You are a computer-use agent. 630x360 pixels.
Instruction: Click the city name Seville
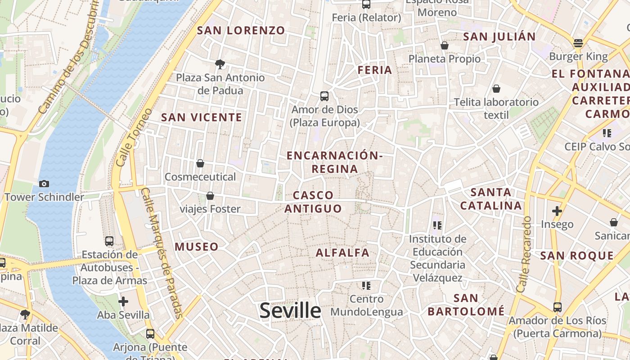290,310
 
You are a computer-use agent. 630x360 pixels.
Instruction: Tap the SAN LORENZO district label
241,31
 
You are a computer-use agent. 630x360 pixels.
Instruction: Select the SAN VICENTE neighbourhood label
202,117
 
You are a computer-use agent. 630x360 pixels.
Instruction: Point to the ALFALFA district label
342,252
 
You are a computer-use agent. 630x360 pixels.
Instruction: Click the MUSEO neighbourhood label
197,247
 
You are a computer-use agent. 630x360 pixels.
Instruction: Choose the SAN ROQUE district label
577,256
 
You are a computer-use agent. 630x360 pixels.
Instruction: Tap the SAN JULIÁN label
499,36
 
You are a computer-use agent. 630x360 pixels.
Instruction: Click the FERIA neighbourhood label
375,70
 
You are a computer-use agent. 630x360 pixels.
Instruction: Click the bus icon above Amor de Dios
324,96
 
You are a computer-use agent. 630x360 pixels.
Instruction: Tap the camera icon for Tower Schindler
44,184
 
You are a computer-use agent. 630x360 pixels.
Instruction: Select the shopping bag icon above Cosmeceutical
200,163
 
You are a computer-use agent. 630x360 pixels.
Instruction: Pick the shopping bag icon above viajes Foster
210,196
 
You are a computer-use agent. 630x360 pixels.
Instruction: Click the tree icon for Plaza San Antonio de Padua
220,64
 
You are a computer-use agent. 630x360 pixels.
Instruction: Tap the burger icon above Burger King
578,43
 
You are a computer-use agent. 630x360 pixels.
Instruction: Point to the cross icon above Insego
557,211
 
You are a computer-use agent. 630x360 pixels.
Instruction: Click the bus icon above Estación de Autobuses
109,241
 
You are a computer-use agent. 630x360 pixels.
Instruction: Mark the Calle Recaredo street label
524,254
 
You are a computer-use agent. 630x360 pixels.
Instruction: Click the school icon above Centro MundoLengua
366,285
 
